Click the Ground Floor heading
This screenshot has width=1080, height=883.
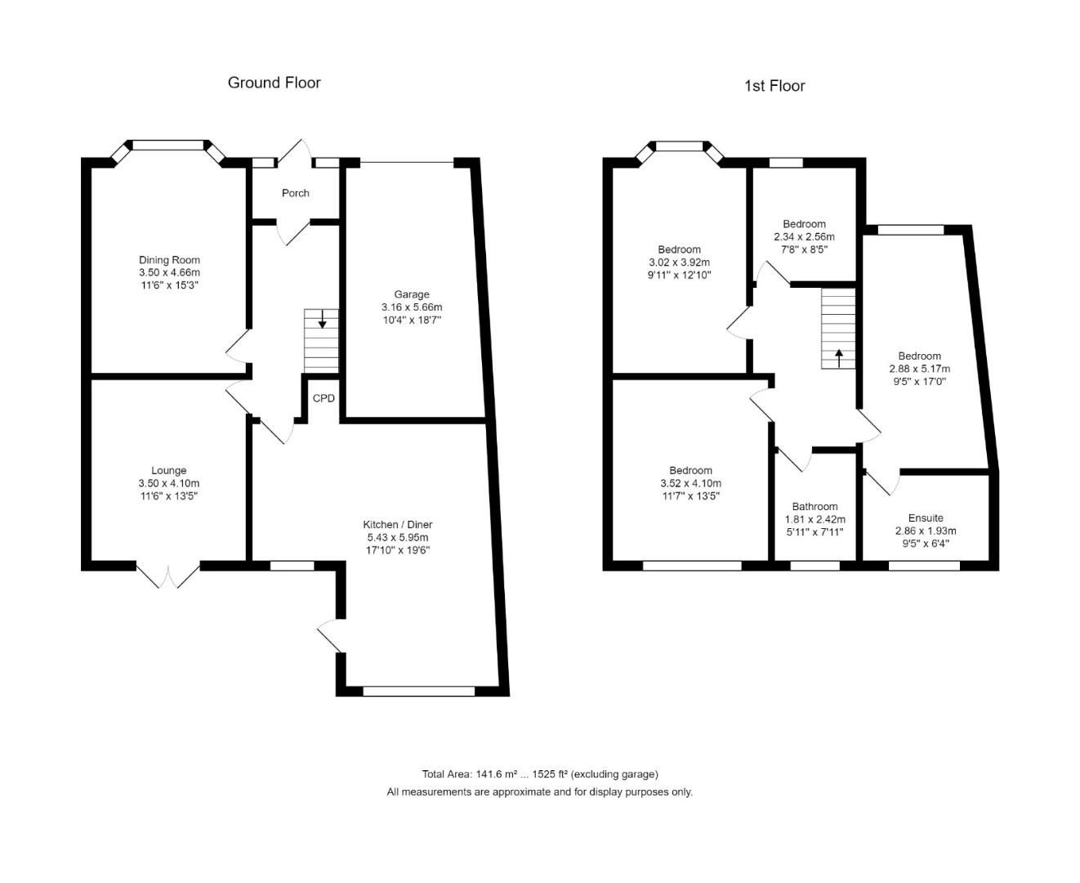274,83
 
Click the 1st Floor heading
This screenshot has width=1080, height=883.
774,86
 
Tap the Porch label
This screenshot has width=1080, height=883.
295,193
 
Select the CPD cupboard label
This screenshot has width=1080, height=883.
324,399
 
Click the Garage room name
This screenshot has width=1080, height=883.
411,294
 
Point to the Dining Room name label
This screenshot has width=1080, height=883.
169,260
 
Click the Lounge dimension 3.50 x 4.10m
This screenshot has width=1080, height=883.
169,483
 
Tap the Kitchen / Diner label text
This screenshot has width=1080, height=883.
398,524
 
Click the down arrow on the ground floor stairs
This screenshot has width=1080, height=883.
323,319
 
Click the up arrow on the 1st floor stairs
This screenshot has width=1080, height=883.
838,358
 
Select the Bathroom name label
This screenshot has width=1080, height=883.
814,506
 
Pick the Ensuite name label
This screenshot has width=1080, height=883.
926,518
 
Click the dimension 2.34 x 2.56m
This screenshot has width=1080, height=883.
804,237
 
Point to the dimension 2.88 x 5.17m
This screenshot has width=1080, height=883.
919,369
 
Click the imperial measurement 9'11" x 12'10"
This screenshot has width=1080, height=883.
679,276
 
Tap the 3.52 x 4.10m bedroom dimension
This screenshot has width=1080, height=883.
690,483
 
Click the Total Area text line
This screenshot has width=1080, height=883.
539,774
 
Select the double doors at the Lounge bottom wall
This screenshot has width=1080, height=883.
168,574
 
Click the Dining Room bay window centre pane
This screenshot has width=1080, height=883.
167,146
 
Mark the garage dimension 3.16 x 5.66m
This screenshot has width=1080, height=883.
411,307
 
